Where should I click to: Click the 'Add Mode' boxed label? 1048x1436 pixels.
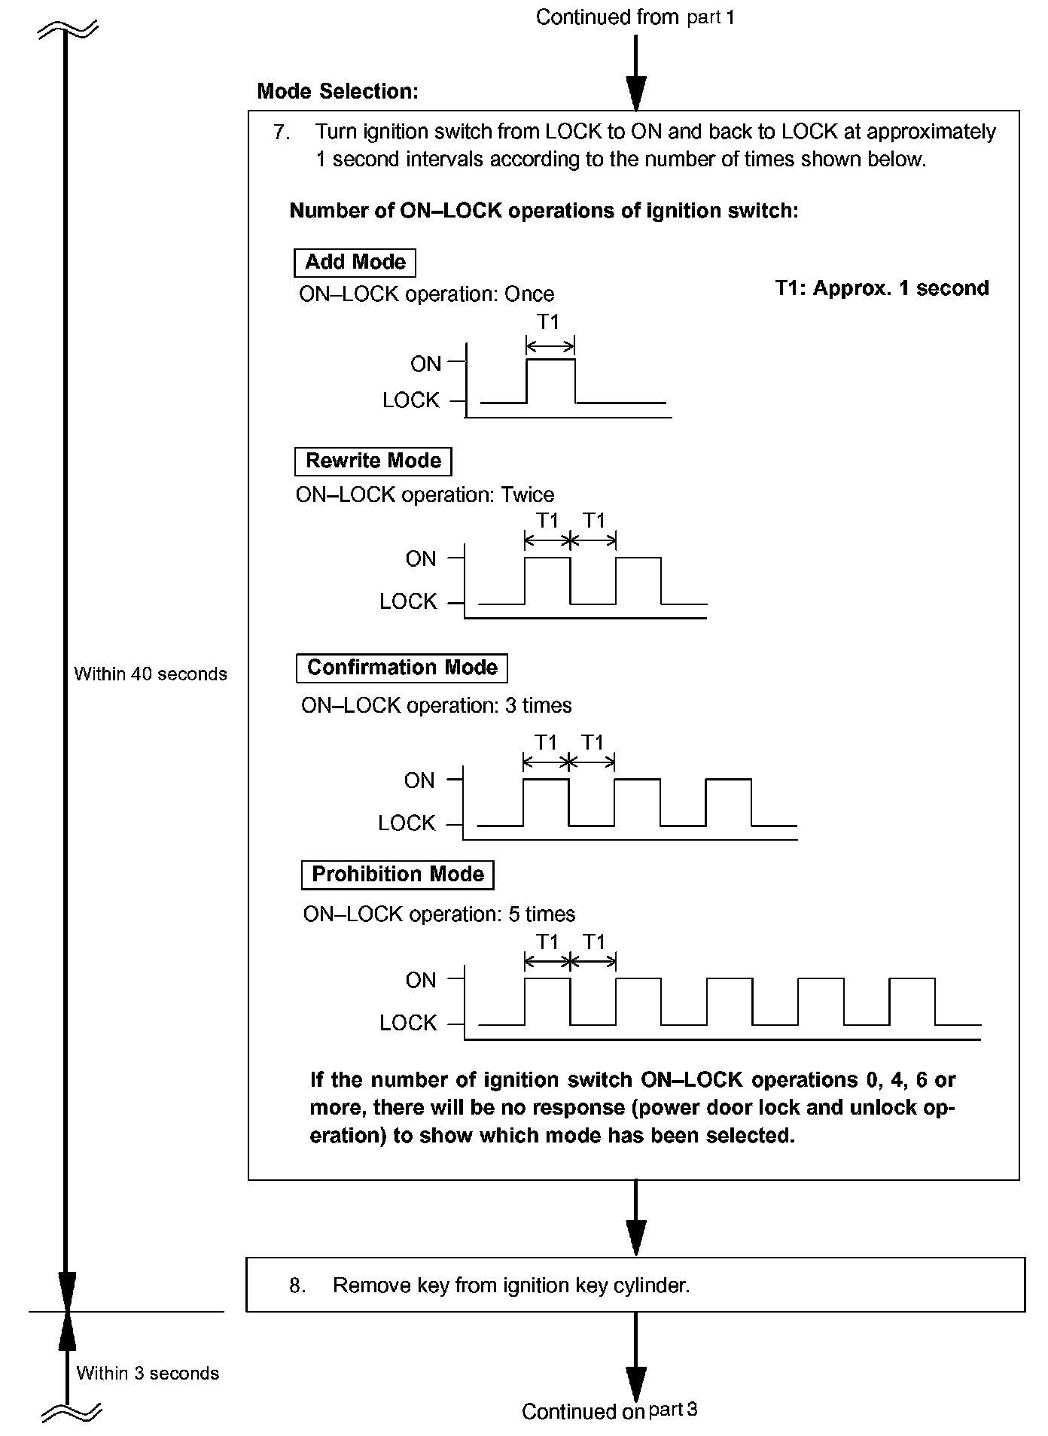point(355,263)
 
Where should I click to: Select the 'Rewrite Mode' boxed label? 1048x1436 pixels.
point(373,461)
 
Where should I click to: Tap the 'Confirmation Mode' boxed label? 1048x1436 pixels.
point(402,668)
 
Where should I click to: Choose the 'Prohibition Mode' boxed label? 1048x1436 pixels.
point(398,875)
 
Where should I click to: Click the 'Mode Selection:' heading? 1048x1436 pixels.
point(337,92)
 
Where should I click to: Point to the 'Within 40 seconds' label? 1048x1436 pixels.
point(151,674)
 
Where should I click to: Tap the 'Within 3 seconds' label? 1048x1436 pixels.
point(148,1374)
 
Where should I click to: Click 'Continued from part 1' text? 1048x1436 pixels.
point(635,17)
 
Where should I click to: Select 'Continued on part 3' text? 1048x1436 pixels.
point(609,1411)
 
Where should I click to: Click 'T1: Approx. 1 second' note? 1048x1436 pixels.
point(882,289)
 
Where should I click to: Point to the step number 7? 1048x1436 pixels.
point(282,132)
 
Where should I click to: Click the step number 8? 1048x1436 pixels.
point(297,1285)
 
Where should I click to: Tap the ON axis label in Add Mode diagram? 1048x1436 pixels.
point(425,364)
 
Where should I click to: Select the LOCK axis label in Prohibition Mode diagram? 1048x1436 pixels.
point(408,1024)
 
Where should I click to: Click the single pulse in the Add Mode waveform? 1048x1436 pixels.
point(550,381)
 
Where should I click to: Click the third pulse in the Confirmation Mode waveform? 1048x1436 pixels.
point(728,802)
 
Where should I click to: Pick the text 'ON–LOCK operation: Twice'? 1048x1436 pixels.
point(425,495)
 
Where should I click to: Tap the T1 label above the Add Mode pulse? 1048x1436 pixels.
point(548,322)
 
